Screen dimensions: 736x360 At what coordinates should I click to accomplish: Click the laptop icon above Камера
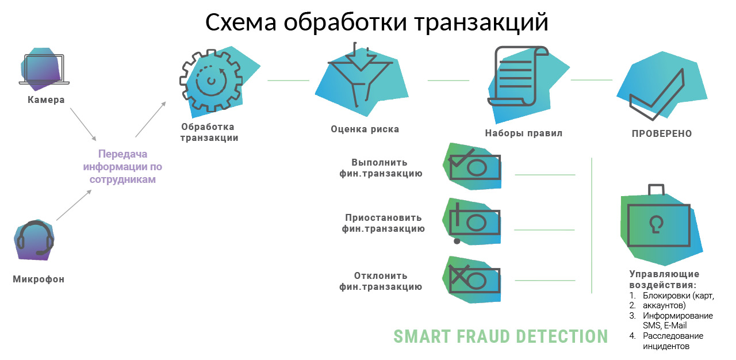click(44, 70)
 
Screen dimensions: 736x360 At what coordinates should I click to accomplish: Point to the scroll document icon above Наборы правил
click(515, 77)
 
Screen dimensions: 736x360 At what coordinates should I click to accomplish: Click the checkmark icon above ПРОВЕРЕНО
click(657, 94)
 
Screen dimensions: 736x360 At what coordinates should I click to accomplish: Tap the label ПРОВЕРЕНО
click(661, 133)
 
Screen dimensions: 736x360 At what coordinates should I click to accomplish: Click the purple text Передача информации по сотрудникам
click(122, 167)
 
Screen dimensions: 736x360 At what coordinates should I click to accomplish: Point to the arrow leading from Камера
click(83, 126)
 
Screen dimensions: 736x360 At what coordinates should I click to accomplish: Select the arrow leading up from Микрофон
click(74, 205)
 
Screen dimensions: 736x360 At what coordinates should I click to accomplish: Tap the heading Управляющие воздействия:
click(664, 279)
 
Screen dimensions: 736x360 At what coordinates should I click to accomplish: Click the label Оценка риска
click(365, 129)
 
